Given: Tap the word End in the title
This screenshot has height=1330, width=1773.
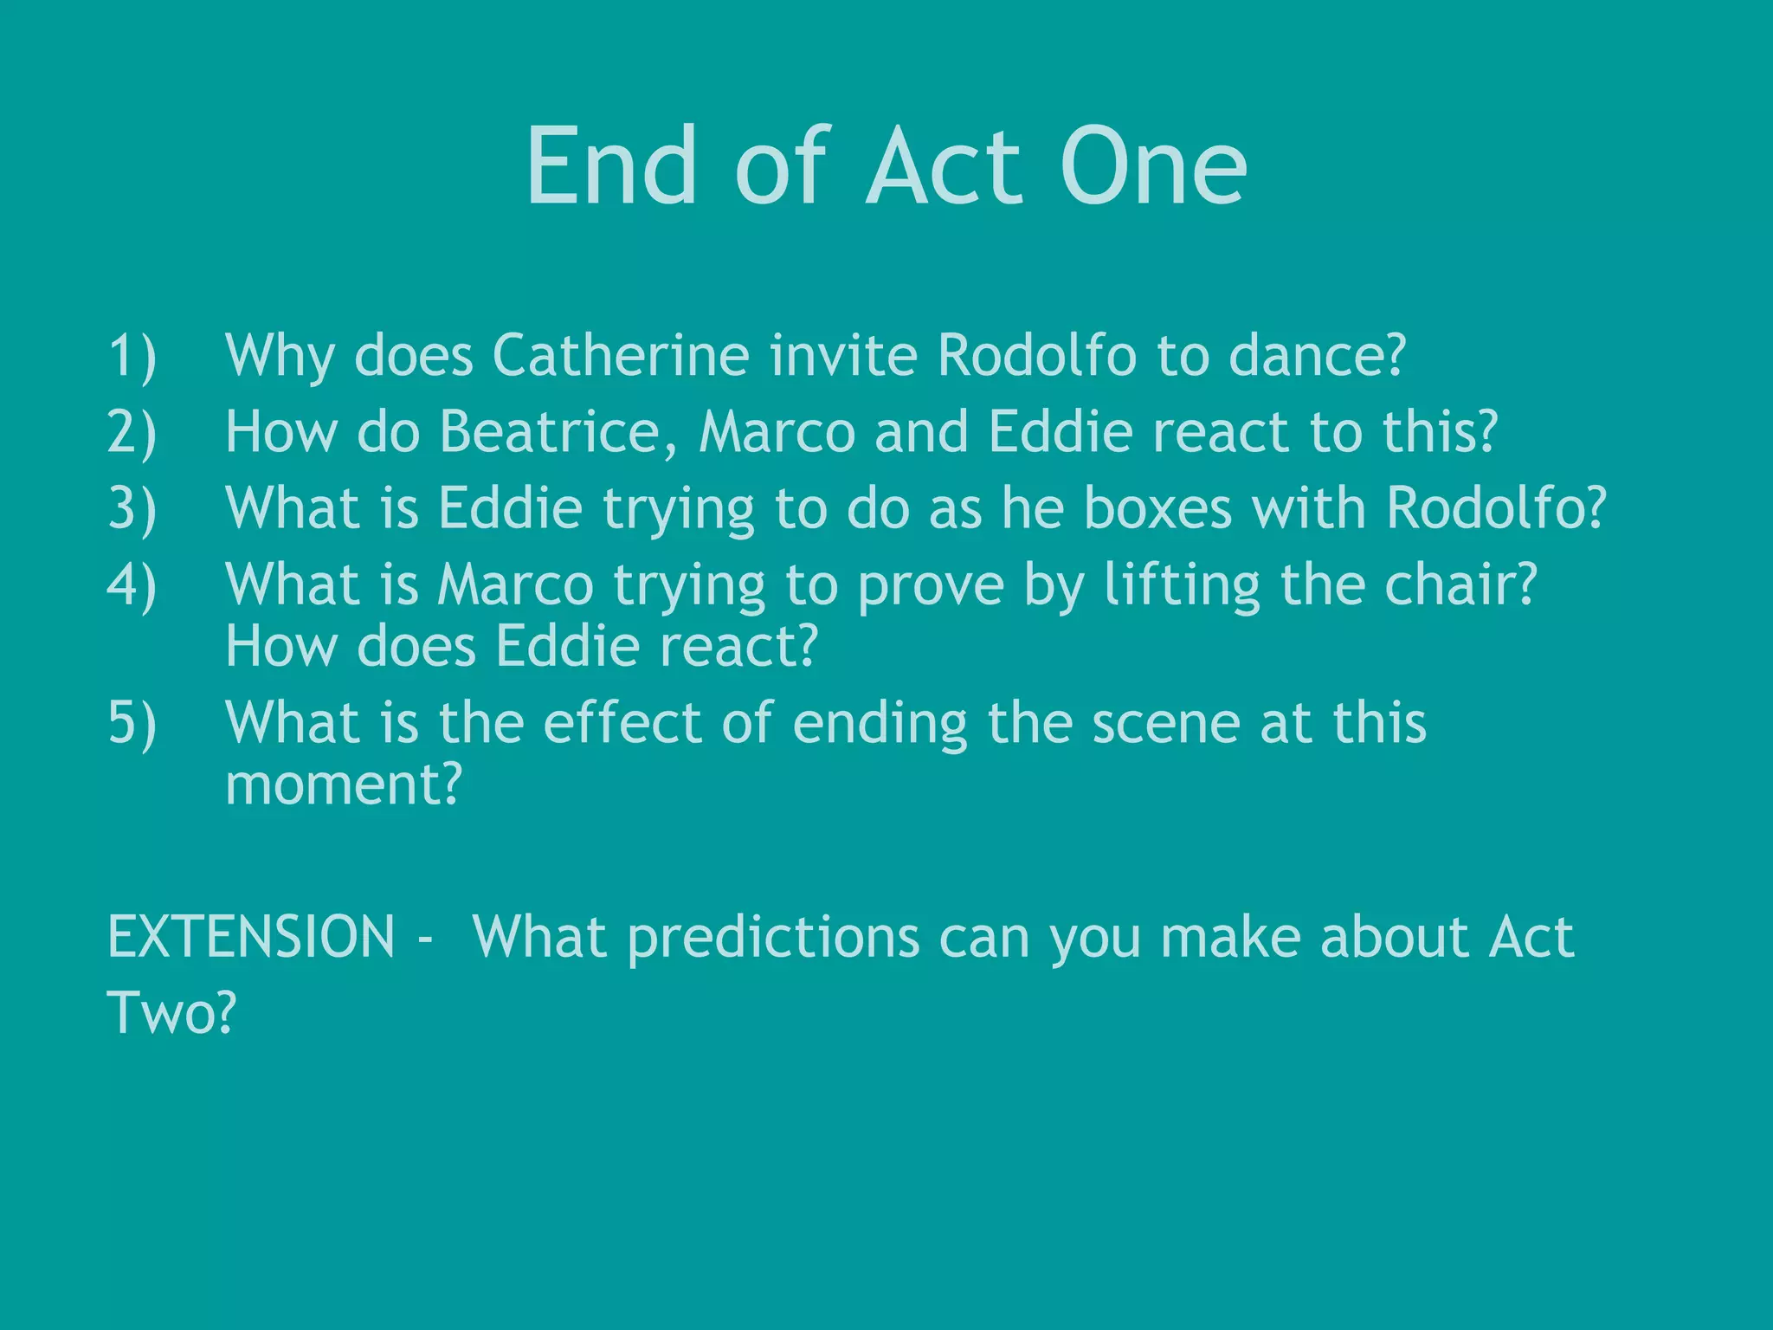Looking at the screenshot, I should (x=612, y=166).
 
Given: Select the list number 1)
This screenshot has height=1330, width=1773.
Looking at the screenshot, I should (x=132, y=356).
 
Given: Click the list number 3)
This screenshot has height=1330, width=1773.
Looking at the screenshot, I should (x=132, y=508).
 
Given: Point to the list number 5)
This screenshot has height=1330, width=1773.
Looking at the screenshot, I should (x=132, y=723).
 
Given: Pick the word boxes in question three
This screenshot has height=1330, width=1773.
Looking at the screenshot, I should (x=1157, y=507).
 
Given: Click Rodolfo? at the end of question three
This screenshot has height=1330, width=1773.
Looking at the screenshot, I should (x=1496, y=507).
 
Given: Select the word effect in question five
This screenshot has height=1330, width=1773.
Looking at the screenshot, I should (x=622, y=722).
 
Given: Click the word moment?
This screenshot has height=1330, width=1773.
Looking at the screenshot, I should (x=344, y=784).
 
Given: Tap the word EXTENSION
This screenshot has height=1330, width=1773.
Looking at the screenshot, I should (x=251, y=937).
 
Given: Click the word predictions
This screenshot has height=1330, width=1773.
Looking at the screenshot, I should (x=773, y=939).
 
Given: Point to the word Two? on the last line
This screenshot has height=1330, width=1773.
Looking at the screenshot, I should (x=171, y=1012).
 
